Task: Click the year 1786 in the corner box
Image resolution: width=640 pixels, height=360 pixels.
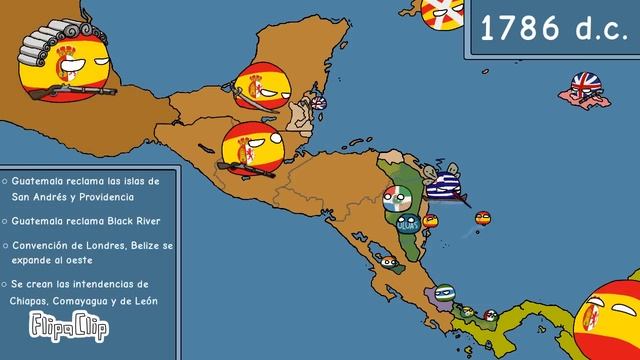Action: [548, 30]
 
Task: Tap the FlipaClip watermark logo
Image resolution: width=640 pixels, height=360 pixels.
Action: [58, 325]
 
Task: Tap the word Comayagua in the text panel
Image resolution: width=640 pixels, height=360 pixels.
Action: [96, 301]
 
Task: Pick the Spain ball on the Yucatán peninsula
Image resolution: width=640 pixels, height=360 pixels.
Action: [263, 85]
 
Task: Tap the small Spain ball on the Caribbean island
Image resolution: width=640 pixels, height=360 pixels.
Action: [483, 218]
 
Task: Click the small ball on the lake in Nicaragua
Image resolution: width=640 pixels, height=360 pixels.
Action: [389, 261]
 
